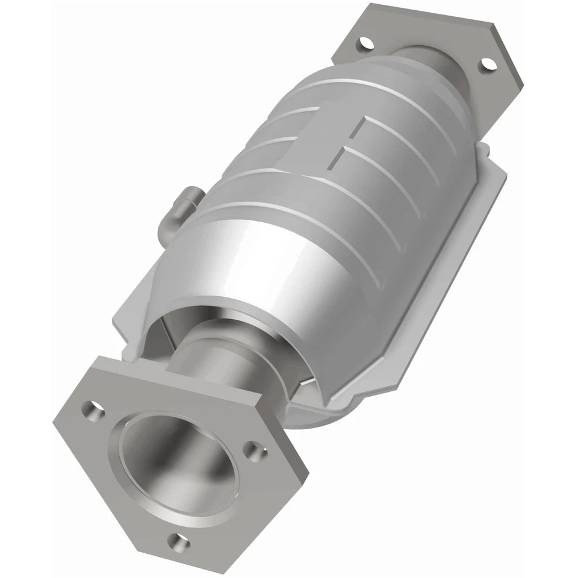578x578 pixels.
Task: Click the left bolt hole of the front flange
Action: pyautogui.click(x=92, y=409)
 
